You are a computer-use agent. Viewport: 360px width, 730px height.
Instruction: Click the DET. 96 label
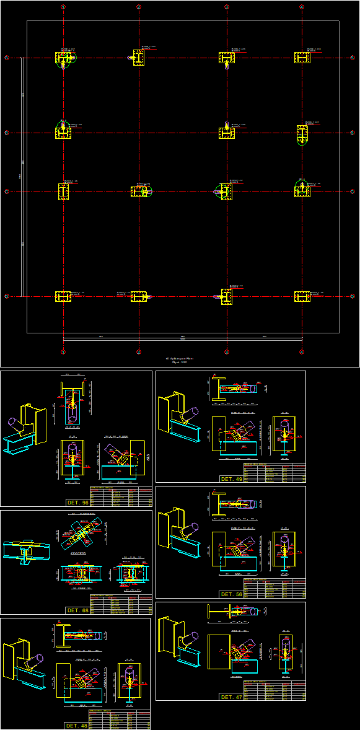(77, 502)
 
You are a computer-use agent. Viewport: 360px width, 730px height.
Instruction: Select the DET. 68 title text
(77, 610)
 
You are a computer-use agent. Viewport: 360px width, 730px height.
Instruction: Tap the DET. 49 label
(231, 479)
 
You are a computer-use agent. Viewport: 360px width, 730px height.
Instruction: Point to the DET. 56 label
(231, 594)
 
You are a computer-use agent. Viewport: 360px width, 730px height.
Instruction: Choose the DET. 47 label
(231, 697)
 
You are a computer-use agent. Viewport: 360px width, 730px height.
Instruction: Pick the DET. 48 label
(76, 726)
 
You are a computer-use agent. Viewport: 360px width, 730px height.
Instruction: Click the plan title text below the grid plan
(176, 359)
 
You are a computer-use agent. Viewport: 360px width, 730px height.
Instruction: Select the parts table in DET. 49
(274, 473)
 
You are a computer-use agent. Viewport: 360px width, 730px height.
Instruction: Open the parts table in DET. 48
(119, 719)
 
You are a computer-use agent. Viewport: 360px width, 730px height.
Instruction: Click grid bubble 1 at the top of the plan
(63, 7)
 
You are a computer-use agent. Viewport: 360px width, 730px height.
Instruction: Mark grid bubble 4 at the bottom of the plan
(301, 352)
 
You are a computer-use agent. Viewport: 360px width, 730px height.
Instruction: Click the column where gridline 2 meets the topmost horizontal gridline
(139, 58)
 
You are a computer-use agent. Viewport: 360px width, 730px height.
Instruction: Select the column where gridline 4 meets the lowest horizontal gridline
(302, 297)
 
